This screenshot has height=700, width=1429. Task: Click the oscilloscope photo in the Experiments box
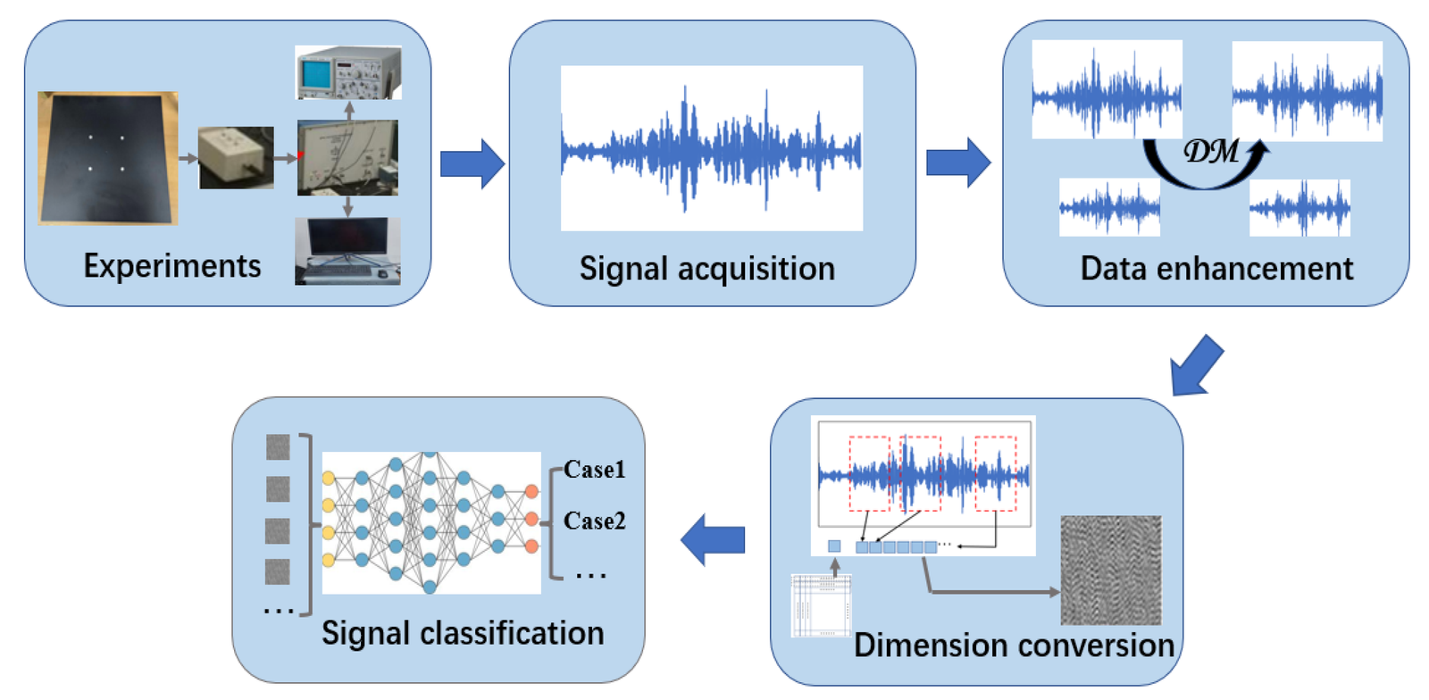click(348, 72)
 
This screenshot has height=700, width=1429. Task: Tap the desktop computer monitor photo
click(347, 250)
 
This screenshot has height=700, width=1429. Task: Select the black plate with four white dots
click(107, 158)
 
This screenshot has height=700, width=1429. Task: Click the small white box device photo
click(236, 157)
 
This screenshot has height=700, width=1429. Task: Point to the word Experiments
click(172, 266)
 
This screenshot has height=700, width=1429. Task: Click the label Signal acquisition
click(706, 269)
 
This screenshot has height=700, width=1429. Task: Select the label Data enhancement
click(1216, 269)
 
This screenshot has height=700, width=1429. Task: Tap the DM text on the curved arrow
click(1211, 152)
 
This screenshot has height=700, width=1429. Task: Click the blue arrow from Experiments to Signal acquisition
click(472, 163)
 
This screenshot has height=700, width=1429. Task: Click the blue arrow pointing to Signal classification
click(713, 539)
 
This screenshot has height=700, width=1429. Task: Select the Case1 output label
click(594, 470)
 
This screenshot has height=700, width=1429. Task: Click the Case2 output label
click(594, 521)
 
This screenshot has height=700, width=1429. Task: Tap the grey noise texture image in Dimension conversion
click(1110, 570)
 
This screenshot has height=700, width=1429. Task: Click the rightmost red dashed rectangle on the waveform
click(995, 473)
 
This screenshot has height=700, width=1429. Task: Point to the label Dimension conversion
click(1014, 646)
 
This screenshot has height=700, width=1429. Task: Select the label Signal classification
click(463, 633)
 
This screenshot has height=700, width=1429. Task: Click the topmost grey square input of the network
click(278, 447)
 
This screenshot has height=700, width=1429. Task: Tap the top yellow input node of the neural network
click(329, 478)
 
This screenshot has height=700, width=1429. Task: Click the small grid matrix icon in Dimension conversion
click(821, 605)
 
